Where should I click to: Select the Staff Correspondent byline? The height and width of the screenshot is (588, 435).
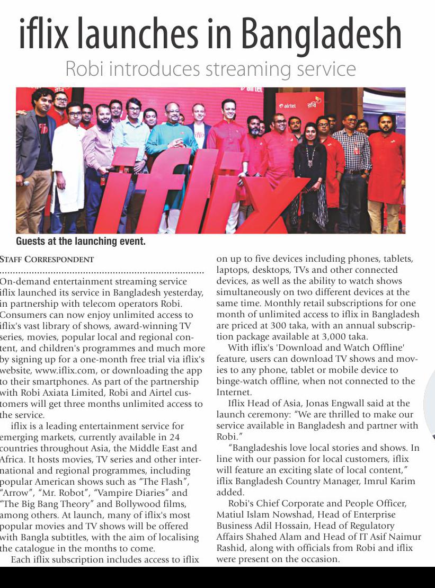[47, 260]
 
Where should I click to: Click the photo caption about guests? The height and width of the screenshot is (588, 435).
[81, 242]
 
